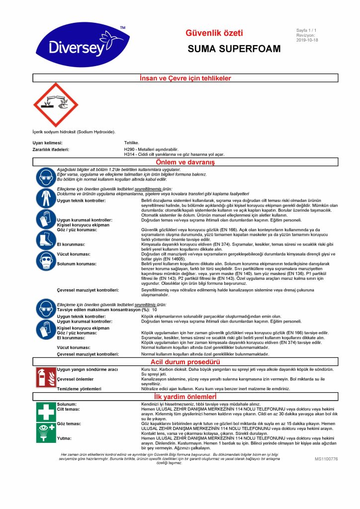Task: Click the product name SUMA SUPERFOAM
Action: pyautogui.click(x=234, y=49)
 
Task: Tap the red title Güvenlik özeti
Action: pyautogui.click(x=214, y=33)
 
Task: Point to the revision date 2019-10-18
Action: pyautogui.click(x=307, y=40)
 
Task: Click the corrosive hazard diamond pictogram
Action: pyautogui.click(x=56, y=105)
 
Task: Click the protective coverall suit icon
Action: pyautogui.click(x=45, y=198)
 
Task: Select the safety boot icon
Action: pyautogui.click(x=45, y=239)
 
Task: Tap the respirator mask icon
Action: pyautogui.click(x=45, y=259)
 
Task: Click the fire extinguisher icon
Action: pyautogui.click(x=45, y=377)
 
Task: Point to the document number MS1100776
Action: pyautogui.click(x=326, y=459)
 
